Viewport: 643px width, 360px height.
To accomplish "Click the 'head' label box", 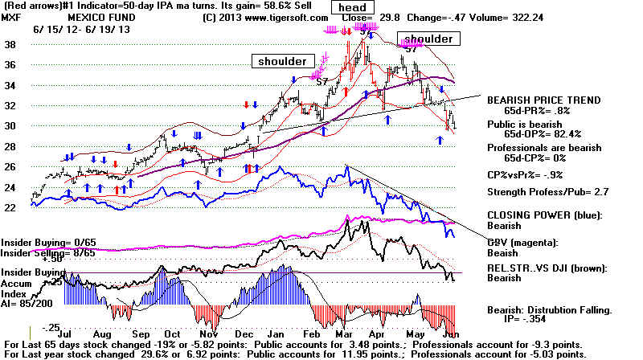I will point(353,8).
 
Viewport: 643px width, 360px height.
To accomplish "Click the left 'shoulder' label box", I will point(281,61).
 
